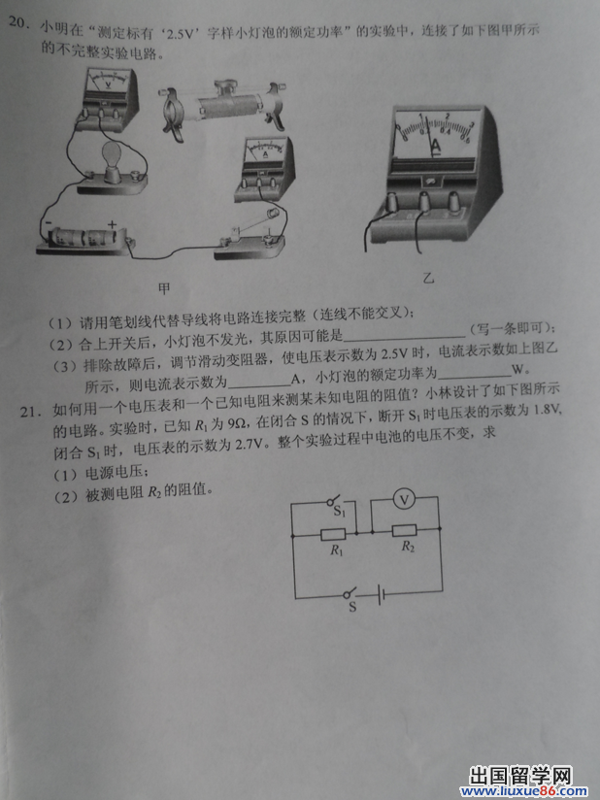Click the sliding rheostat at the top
(222, 106)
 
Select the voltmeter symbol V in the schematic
(404, 501)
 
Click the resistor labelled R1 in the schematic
(334, 535)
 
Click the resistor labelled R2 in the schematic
(405, 531)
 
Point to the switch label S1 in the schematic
(340, 511)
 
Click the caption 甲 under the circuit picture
(164, 289)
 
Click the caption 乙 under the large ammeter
(428, 278)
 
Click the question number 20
(18, 24)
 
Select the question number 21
(31, 411)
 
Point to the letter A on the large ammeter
(436, 148)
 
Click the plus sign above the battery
(112, 224)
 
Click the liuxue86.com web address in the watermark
(523, 791)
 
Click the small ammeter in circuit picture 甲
(265, 168)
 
